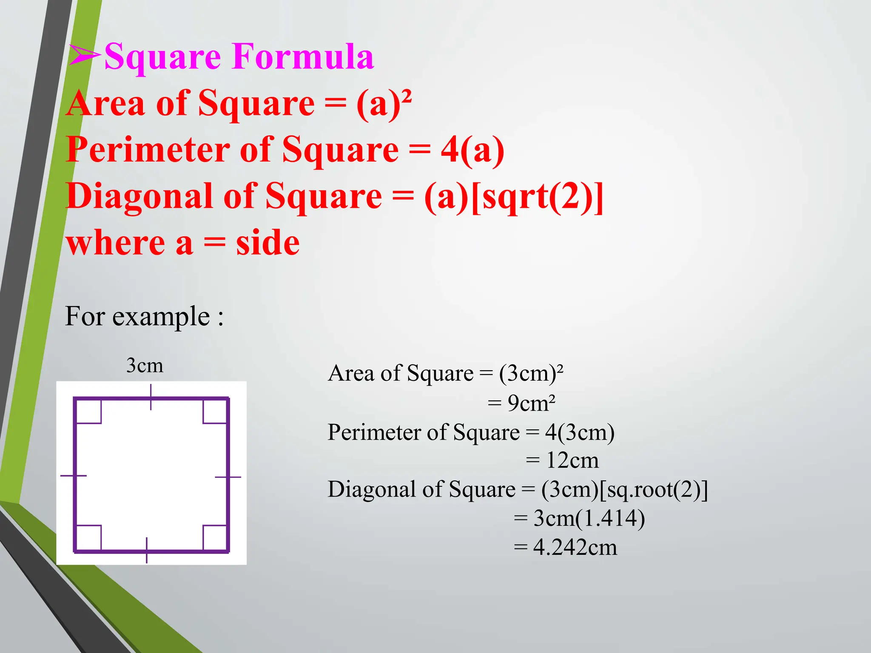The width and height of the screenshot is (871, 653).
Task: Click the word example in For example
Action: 161,317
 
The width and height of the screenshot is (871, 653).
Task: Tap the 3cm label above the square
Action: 145,365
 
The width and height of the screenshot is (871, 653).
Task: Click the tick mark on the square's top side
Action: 151,397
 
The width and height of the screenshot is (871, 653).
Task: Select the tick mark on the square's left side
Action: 74,475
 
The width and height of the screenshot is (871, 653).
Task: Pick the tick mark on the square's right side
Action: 228,477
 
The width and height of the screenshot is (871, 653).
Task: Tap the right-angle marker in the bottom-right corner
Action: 215,538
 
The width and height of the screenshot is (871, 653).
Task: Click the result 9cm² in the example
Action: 531,403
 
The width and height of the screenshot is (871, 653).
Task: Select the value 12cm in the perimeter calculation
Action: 572,460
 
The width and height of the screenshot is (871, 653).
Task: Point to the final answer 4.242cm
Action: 575,547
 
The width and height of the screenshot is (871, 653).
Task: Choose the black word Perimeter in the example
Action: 374,432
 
